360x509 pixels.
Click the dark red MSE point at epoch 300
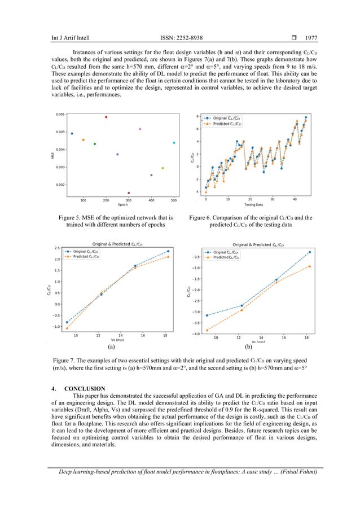pyautogui.click(x=129, y=193)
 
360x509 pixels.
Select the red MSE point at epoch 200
pyautogui.click(x=106, y=117)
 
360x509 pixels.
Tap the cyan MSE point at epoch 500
pyautogui.click(x=174, y=143)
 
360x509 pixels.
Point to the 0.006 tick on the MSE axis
pyautogui.click(x=59, y=114)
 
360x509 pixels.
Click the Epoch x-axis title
pyautogui.click(x=123, y=205)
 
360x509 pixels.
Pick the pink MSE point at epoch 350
pyautogui.click(x=140, y=129)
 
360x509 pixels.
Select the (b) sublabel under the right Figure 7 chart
pyautogui.click(x=248, y=348)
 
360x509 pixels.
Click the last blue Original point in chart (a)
pyautogui.click(x=168, y=251)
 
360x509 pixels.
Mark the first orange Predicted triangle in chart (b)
pyautogui.click(x=208, y=330)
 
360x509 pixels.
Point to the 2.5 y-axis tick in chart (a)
pyautogui.click(x=57, y=248)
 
